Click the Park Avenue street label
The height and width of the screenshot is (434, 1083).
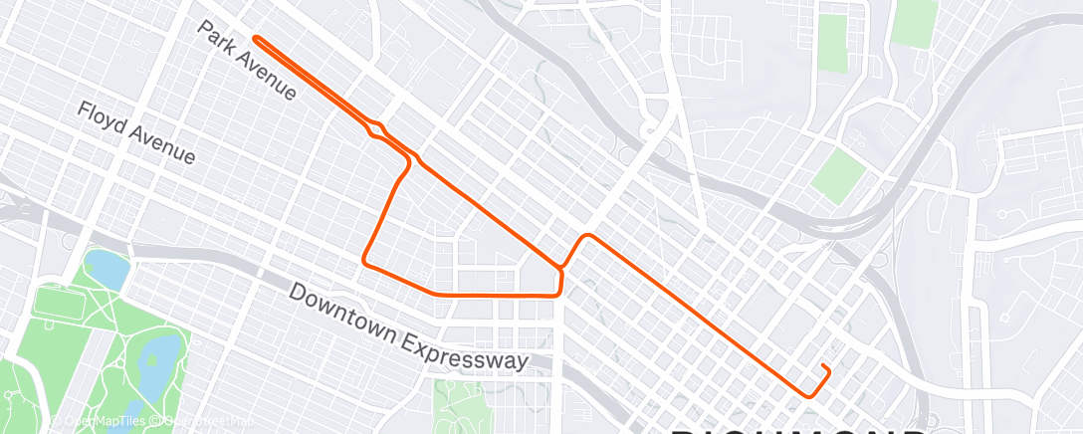pyautogui.click(x=247, y=61)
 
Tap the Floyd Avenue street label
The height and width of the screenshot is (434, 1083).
pyautogui.click(x=136, y=132)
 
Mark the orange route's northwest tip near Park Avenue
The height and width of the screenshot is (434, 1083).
pyautogui.click(x=257, y=38)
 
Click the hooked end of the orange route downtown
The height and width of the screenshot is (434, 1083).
pyautogui.click(x=825, y=368)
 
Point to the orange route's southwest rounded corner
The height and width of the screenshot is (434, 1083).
pyautogui.click(x=366, y=262)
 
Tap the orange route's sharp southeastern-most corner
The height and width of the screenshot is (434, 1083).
pyautogui.click(x=809, y=395)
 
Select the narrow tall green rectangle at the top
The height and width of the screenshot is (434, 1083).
pyautogui.click(x=833, y=42)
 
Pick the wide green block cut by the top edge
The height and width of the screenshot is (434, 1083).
pyautogui.click(x=914, y=22)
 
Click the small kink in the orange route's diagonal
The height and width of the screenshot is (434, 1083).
pyautogui.click(x=376, y=129)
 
